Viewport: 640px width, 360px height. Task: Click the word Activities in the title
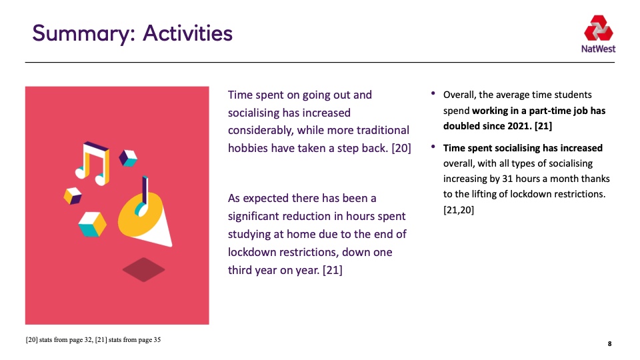coord(187,33)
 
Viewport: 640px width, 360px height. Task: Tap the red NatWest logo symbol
coord(599,28)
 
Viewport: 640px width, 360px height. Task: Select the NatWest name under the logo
coord(599,49)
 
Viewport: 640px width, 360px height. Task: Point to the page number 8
coord(609,344)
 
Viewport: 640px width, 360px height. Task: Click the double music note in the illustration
coord(93,163)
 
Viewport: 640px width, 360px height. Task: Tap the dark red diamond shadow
coord(144,269)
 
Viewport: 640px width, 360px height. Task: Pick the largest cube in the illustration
coord(92,224)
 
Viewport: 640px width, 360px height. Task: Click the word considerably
coord(261,131)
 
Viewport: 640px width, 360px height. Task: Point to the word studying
coord(250,234)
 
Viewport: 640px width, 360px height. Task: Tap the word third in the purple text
coord(239,270)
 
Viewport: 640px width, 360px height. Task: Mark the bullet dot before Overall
coord(433,93)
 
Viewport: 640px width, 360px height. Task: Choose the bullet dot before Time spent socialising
coord(433,147)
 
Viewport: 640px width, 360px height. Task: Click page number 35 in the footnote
coord(157,339)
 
